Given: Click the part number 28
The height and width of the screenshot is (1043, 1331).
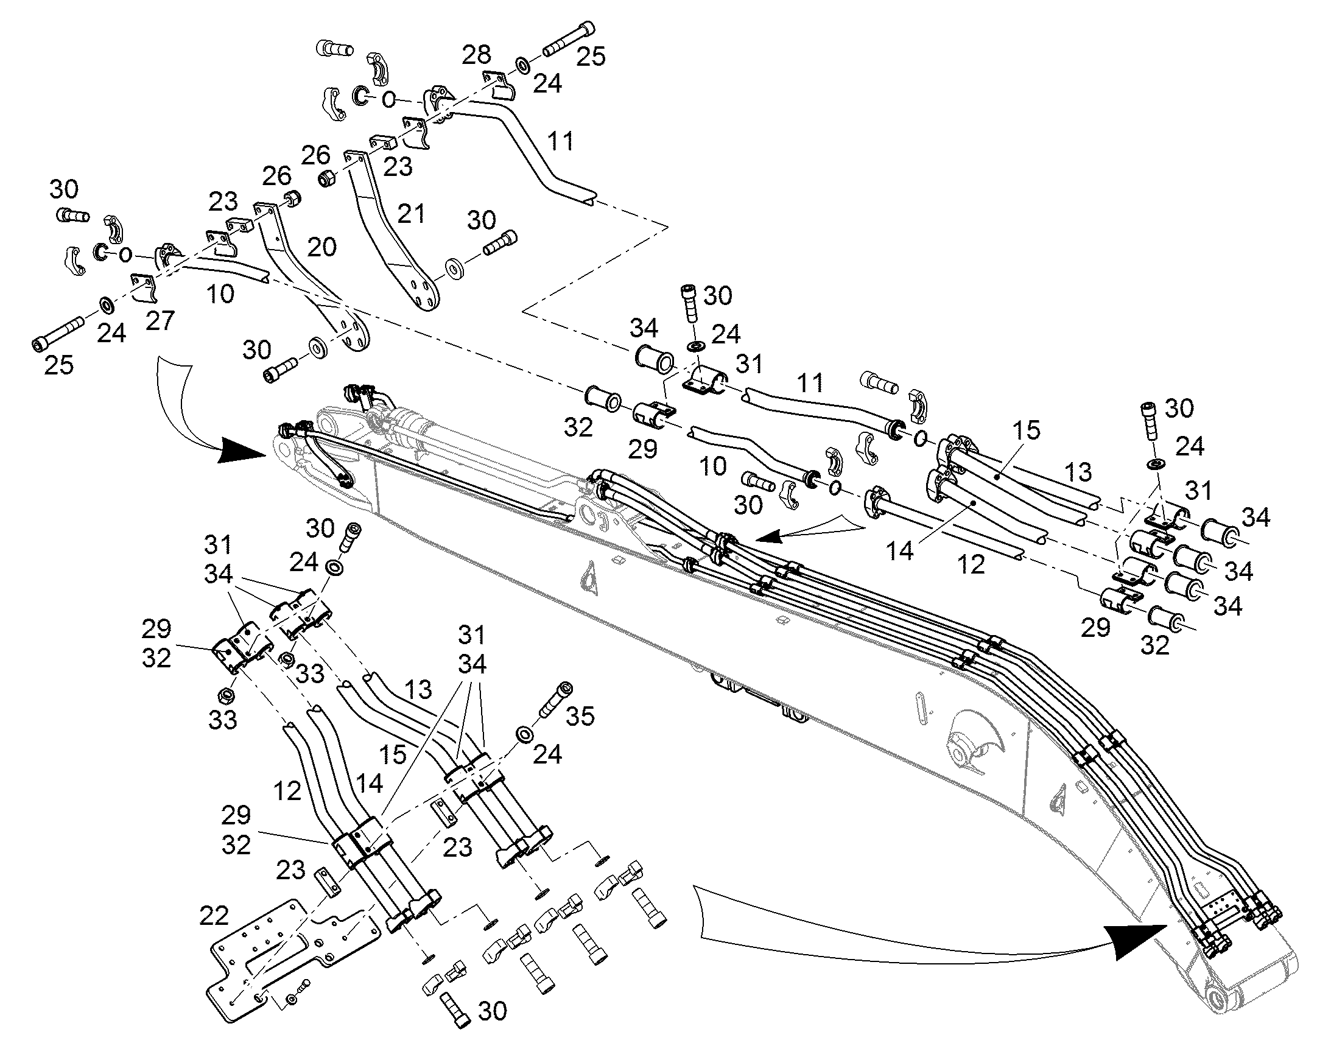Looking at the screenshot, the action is click(476, 55).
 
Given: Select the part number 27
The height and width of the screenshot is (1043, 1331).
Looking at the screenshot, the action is click(160, 320).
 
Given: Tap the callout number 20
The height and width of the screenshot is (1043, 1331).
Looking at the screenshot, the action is click(321, 247).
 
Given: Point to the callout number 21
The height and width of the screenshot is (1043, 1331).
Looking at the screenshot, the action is click(410, 214).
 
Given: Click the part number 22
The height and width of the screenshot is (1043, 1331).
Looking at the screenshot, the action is click(214, 915).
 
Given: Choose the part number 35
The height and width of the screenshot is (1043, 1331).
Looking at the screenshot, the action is click(580, 715).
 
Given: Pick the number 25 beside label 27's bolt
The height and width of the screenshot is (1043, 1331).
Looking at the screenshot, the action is click(59, 365).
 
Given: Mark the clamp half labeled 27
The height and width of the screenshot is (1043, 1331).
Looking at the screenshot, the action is click(146, 286).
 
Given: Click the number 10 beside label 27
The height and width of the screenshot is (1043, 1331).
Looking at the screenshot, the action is click(221, 293).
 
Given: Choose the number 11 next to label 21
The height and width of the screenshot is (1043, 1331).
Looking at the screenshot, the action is click(561, 141).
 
